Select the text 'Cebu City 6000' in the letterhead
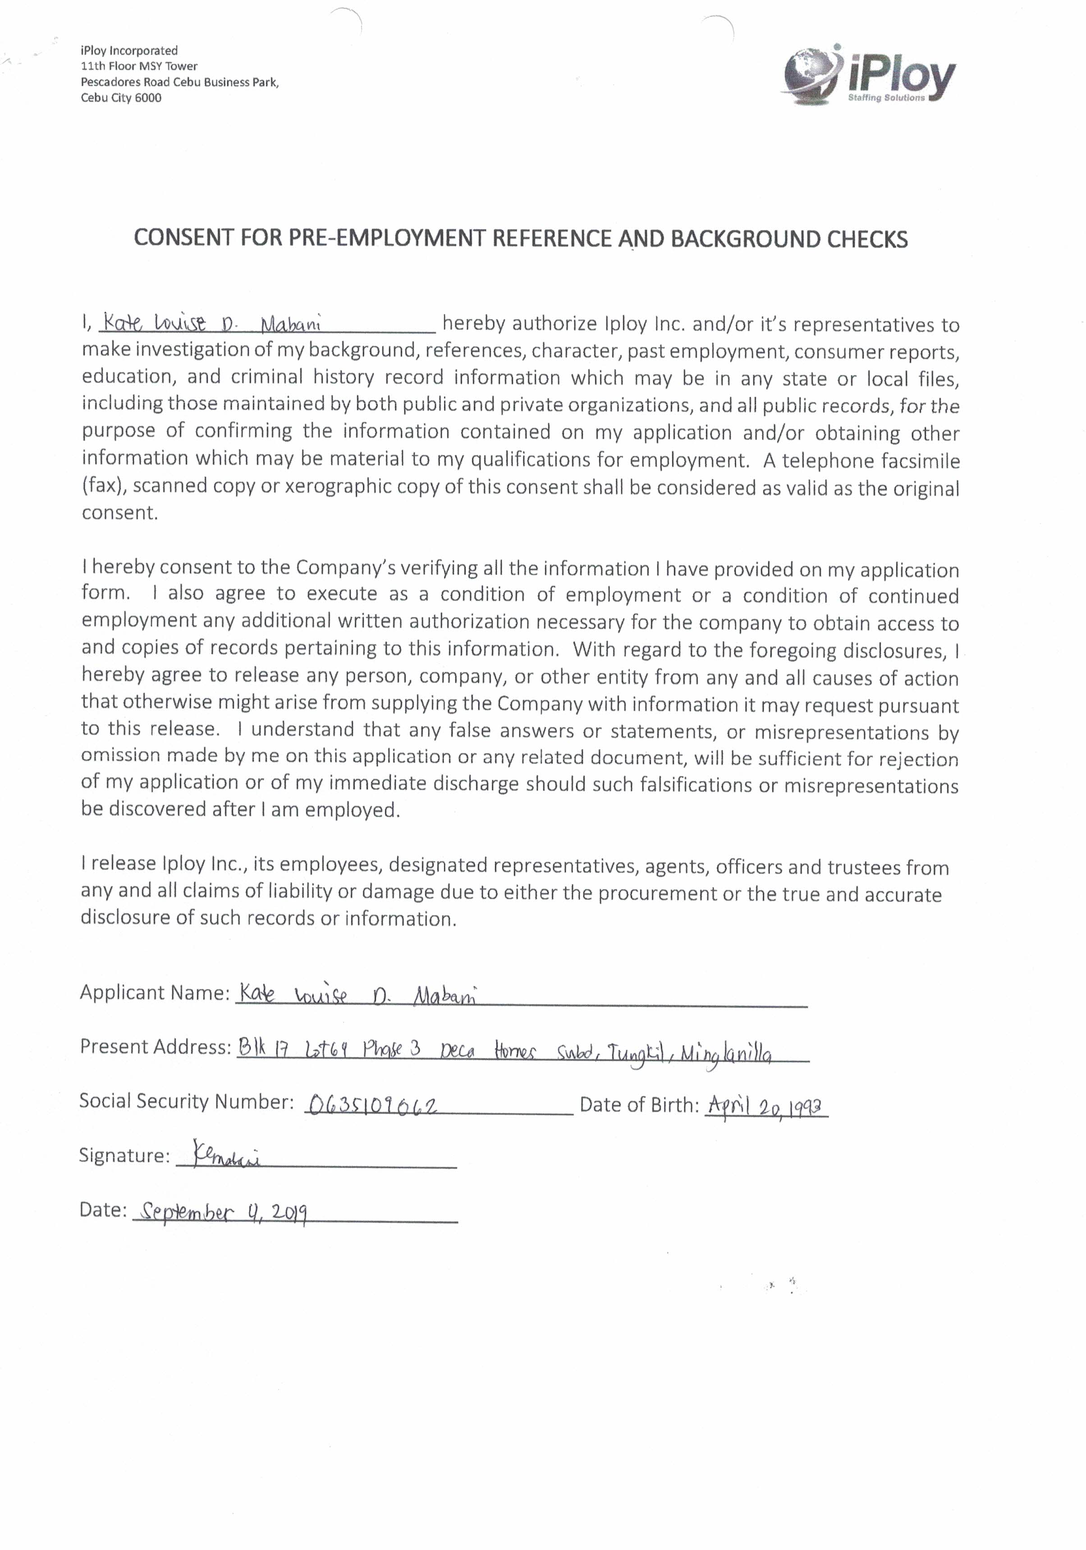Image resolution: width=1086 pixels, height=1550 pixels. [121, 98]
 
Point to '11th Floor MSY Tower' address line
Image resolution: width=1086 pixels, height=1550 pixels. [139, 66]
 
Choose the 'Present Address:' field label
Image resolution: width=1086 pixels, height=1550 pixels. [155, 1046]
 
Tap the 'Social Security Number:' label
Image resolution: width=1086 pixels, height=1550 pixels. [186, 1101]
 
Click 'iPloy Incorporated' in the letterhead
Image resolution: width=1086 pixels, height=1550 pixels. [129, 51]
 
